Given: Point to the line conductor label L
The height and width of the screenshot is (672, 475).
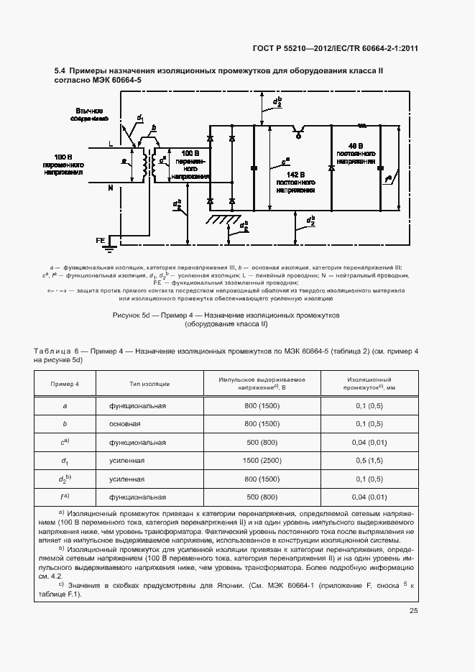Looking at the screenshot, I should [x=110, y=144].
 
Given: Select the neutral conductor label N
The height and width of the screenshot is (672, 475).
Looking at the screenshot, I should [x=110, y=188].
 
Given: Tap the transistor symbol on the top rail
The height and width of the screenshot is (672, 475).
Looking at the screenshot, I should [x=297, y=132].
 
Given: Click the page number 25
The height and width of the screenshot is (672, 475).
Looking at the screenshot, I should [x=414, y=611].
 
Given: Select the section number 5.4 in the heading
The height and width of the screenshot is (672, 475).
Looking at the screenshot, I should [x=60, y=70].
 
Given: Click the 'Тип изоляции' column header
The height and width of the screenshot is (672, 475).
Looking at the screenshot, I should [x=149, y=384].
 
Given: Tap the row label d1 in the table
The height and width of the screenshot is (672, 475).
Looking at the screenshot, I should [x=65, y=461].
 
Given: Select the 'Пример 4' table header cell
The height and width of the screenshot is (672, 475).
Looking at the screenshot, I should [x=65, y=384].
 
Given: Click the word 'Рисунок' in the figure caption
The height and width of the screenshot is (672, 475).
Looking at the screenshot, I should [x=128, y=316].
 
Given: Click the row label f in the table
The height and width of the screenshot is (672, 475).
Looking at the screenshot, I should [x=65, y=497].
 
